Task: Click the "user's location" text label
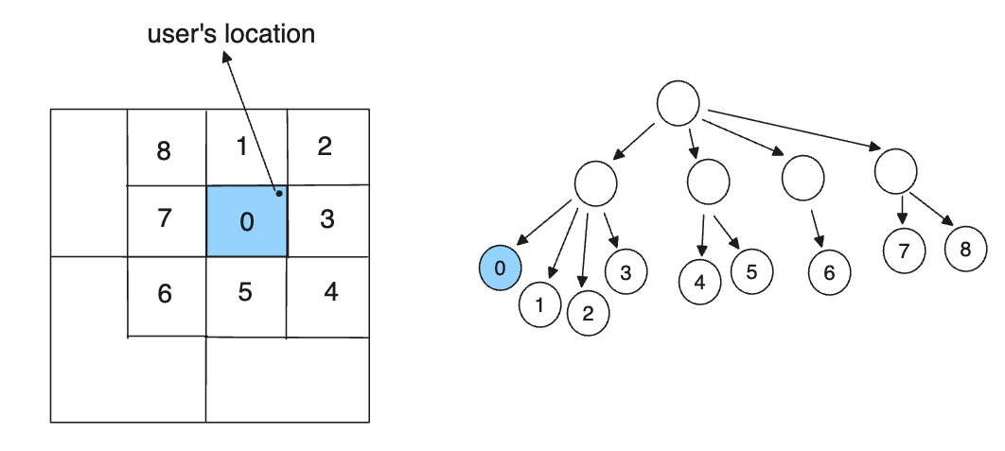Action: tap(231, 35)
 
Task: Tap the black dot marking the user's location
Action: tap(279, 194)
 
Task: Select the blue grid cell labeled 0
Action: tap(246, 221)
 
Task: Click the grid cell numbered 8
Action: tap(166, 148)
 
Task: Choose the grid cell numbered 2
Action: tap(326, 147)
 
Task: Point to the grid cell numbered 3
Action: tap(327, 220)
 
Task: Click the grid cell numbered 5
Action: tap(246, 294)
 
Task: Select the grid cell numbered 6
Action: tap(166, 294)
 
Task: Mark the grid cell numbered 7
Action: tap(166, 220)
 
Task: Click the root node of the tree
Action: tap(678, 103)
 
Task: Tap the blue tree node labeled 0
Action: tap(501, 269)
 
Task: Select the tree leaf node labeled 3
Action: tap(626, 271)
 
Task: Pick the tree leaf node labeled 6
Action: tap(830, 273)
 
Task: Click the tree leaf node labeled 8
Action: tap(965, 250)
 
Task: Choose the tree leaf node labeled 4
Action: tap(700, 282)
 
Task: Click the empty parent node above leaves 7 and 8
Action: tap(895, 171)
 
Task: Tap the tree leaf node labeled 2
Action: tap(588, 314)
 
